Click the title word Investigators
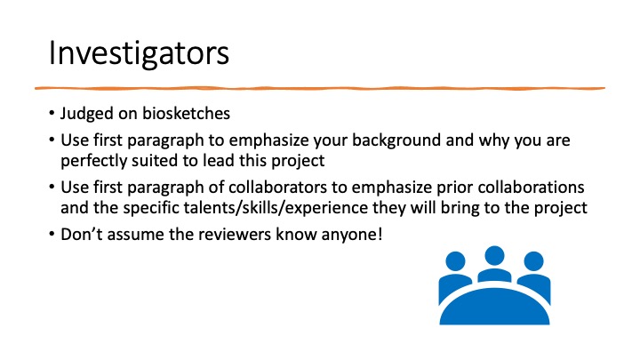point(139,53)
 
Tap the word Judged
point(86,114)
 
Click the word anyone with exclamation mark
point(352,235)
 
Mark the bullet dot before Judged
point(52,113)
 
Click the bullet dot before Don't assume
point(52,234)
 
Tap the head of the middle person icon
point(494,255)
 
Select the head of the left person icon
point(455,261)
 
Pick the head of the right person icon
point(533,261)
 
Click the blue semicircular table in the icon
point(494,308)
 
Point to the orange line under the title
point(320,88)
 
